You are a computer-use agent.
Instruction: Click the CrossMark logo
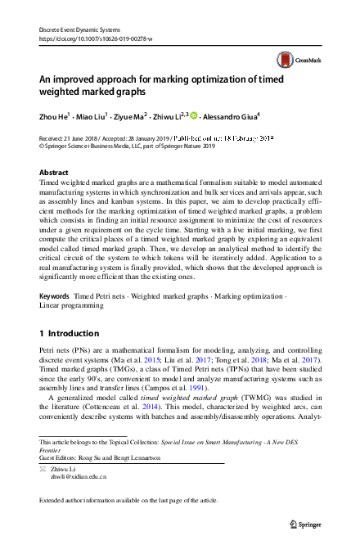pyautogui.click(x=295, y=60)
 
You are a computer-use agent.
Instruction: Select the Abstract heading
pyautogui.click(x=55, y=173)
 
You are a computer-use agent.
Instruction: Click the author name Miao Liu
pyautogui.click(x=97, y=118)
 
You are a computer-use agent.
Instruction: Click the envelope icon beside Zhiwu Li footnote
pyautogui.click(x=44, y=466)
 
